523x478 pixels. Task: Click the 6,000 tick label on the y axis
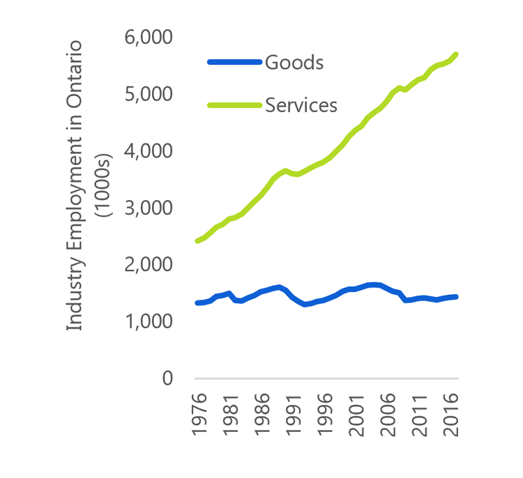click(x=149, y=37)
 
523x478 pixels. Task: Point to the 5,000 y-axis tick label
click(x=149, y=94)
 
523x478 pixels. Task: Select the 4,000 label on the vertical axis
click(x=149, y=151)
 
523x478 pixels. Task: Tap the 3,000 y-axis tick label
click(x=149, y=208)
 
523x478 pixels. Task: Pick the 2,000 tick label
click(x=149, y=265)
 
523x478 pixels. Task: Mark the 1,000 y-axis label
click(x=149, y=323)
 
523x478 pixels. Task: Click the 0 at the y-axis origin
click(x=167, y=379)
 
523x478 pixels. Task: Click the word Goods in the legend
click(x=294, y=62)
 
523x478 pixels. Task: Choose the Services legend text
click(x=301, y=105)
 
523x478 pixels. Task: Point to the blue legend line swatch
click(x=234, y=62)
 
